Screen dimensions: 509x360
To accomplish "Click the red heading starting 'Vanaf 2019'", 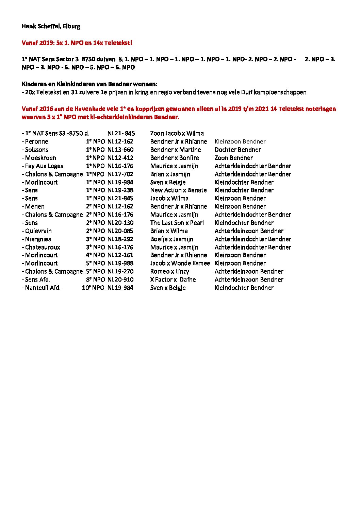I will tap(77, 43).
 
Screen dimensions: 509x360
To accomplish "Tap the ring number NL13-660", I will tap(120, 150).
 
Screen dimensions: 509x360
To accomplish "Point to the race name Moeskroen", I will tap(40, 158).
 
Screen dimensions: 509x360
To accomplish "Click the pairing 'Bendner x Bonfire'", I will tap(174, 158).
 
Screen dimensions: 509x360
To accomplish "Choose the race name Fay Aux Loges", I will tap(44, 166).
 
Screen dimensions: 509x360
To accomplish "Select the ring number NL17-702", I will tap(120, 174).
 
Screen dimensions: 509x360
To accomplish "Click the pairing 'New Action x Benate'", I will tap(178, 190).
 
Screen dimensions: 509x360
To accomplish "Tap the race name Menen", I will tap(35, 206).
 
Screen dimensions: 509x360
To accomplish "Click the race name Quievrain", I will tap(38, 231).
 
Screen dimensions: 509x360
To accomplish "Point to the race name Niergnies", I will tap(38, 239).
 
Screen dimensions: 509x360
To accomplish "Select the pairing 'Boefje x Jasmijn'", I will tap(171, 239).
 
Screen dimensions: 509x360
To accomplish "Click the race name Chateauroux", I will tap(43, 247).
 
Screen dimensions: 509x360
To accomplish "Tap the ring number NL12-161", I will tap(120, 255).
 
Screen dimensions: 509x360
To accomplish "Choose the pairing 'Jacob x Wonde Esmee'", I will tap(180, 263).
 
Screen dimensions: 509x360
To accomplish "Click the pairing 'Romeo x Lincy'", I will tap(169, 271).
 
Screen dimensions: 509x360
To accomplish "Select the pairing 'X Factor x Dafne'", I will tap(173, 279).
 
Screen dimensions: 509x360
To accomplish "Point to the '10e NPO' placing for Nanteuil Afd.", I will tap(93, 288).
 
